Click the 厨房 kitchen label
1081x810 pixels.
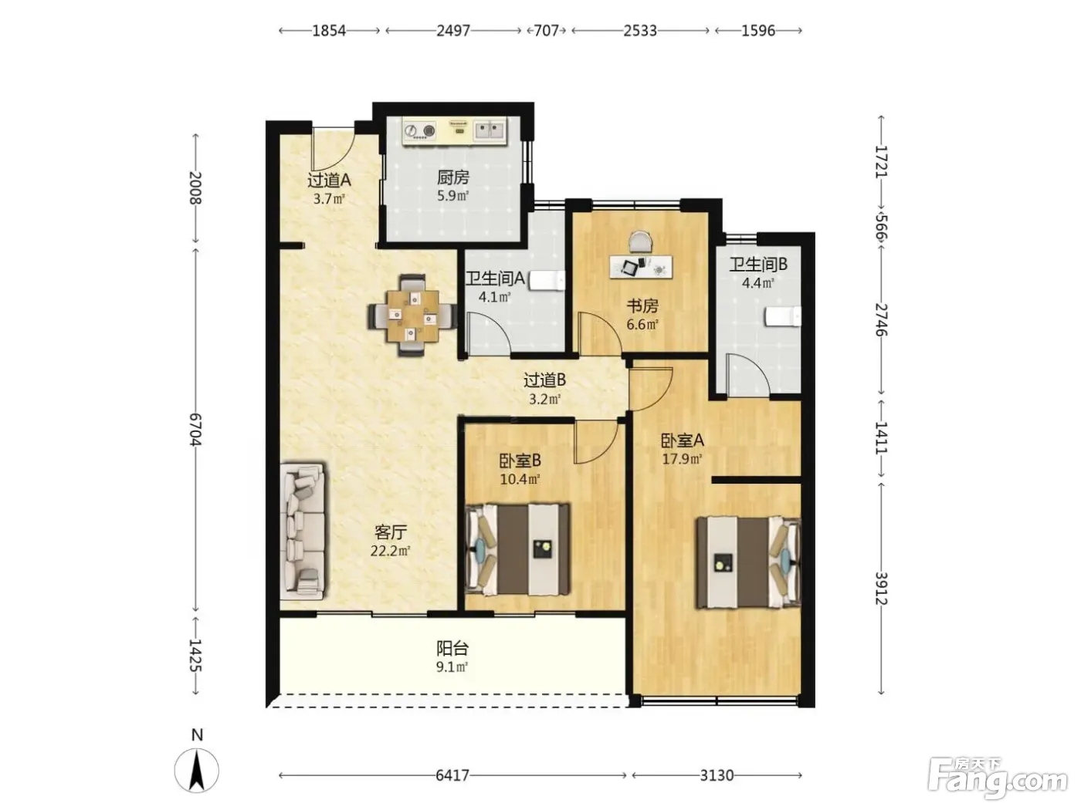453,177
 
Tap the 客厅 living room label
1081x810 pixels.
391,532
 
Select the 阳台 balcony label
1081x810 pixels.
452,649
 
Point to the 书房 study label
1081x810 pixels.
642,306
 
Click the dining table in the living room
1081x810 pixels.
412,316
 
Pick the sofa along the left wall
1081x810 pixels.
303,531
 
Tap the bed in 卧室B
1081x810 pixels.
517,548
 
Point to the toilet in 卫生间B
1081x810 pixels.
783,316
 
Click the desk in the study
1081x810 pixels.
642,267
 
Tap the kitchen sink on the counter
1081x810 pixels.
489,130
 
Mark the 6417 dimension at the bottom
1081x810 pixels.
452,775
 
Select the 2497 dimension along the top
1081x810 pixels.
453,31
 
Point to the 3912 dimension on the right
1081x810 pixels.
881,589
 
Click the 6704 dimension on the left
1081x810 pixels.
196,430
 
